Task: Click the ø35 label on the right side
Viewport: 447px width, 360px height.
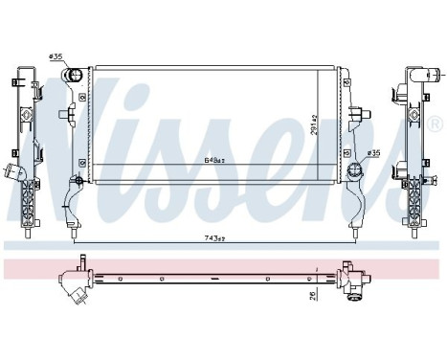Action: pyautogui.click(x=372, y=152)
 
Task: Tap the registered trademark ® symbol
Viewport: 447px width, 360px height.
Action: pyautogui.click(x=435, y=123)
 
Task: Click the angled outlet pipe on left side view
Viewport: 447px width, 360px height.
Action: pyautogui.click(x=14, y=175)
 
